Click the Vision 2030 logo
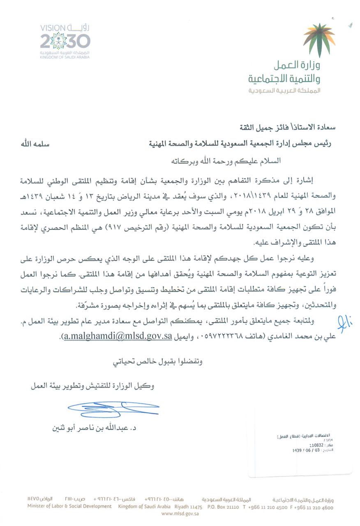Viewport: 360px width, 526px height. [x=65, y=42]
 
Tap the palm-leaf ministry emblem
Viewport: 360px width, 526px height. [x=318, y=39]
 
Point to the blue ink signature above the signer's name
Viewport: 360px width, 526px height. [x=113, y=407]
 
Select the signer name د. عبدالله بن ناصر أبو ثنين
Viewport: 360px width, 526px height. [x=95, y=427]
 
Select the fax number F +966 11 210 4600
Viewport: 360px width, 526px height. [x=312, y=508]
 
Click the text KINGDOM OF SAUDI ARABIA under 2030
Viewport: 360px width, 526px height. [x=65, y=58]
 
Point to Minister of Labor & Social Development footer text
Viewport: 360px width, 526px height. [x=69, y=506]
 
